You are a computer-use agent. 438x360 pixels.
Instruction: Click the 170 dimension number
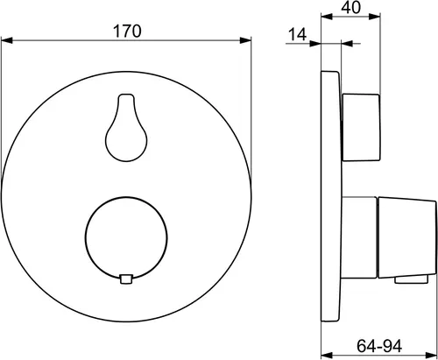[x=127, y=31]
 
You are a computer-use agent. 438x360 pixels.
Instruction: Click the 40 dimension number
[x=351, y=8]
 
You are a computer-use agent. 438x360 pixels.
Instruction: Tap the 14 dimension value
[x=297, y=34]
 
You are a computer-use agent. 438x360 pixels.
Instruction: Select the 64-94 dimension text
[x=379, y=346]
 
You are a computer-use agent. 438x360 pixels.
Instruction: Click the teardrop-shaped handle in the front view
[x=126, y=128]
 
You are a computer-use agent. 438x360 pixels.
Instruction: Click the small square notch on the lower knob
[x=126, y=279]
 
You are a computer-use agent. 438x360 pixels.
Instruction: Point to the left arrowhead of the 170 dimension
[x=7, y=40]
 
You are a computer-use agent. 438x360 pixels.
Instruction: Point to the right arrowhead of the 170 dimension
[x=245, y=40]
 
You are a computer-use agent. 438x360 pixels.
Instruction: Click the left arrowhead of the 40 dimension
[x=327, y=17]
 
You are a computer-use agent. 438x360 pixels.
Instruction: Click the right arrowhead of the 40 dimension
[x=375, y=17]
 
